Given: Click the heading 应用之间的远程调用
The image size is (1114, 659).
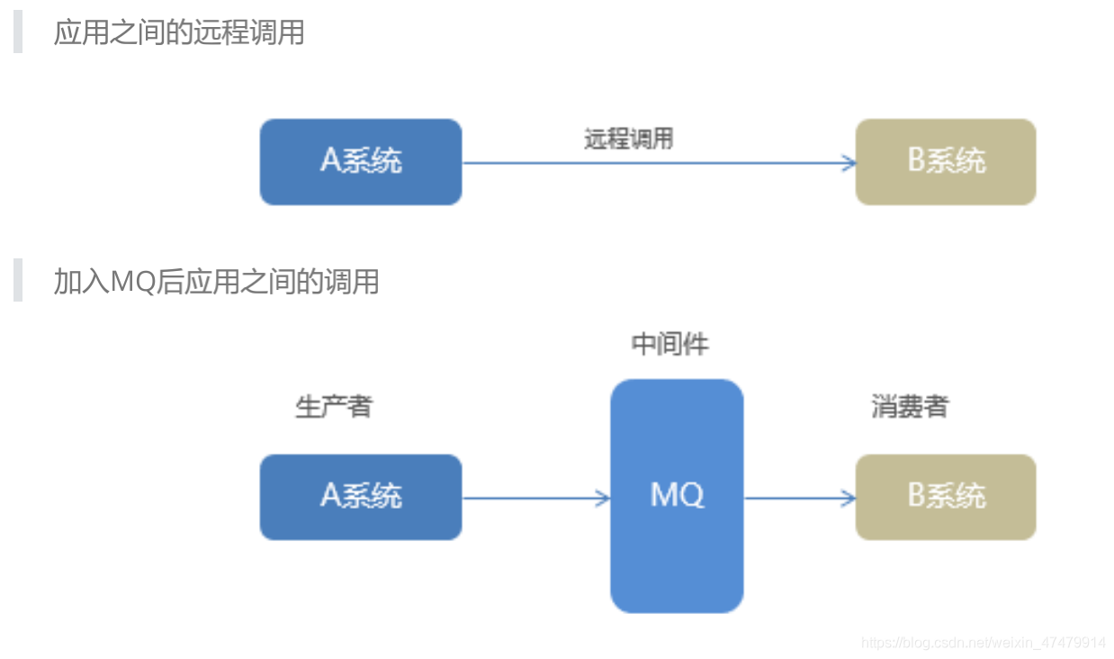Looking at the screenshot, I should tap(179, 32).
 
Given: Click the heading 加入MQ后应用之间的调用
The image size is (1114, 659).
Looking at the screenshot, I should tap(216, 282).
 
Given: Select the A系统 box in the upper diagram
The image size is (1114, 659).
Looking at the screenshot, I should tap(361, 162).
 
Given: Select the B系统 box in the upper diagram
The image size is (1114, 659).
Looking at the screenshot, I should tap(946, 162).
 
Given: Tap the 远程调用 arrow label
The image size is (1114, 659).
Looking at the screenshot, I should tap(628, 140).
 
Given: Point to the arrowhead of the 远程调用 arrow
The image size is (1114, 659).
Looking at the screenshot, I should tap(849, 163).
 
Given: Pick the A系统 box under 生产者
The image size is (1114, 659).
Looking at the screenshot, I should tap(361, 497).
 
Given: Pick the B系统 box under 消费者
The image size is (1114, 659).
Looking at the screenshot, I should tap(946, 497).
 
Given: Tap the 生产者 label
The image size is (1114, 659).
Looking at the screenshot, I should tap(333, 407).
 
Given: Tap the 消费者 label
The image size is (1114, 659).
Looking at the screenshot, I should tap(909, 407).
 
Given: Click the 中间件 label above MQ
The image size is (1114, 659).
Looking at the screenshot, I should tap(670, 345).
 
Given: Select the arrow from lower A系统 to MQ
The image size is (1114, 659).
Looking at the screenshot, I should tap(535, 498).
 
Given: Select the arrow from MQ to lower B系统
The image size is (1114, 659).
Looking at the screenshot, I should tap(799, 498).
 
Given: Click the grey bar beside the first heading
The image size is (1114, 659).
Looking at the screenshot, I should tap(17, 32).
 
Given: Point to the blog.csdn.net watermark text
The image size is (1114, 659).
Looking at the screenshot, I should tap(984, 643).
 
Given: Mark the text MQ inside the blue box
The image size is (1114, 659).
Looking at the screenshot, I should tap(677, 494).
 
